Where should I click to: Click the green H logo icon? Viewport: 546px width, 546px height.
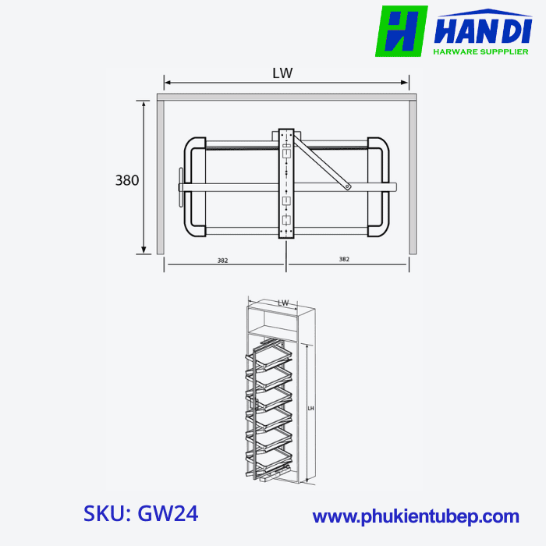point(402,31)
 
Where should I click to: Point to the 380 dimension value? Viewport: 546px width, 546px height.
point(127,180)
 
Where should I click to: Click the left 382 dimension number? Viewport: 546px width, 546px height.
point(222,261)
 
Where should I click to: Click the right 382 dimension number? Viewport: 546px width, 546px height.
point(344,259)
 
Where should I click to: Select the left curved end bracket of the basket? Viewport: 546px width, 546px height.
point(193,187)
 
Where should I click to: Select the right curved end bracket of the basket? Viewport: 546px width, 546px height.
point(380,187)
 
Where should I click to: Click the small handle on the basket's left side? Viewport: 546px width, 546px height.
point(180,186)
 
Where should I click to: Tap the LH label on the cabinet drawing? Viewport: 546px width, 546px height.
point(310,408)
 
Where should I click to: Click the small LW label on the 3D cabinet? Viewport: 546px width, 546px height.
point(283,303)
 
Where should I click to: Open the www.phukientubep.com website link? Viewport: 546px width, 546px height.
point(416,516)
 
